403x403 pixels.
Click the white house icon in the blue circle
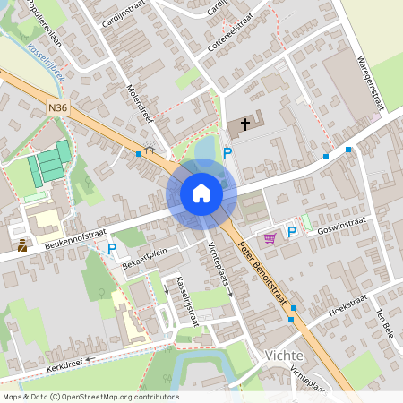pos(201,193)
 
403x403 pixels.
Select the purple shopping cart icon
pos(270,237)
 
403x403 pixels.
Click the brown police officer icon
pos(21,245)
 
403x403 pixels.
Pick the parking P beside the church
pos(227,154)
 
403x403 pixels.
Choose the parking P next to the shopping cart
pos(292,233)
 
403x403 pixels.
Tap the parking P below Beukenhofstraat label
pos(112,249)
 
